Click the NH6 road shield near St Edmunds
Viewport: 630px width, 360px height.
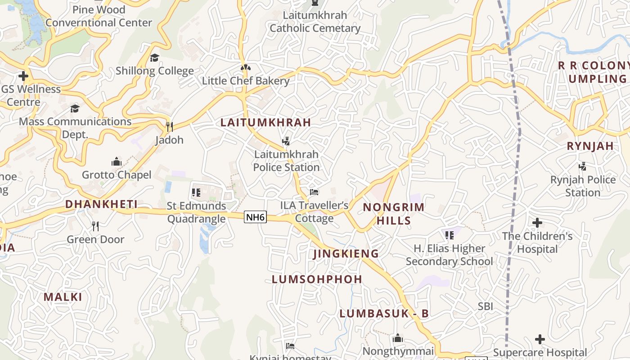256,217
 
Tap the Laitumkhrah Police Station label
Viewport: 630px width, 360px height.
286,161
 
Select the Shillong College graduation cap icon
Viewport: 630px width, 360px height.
155,58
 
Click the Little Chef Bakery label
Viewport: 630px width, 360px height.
245,81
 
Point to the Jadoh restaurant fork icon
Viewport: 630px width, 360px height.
170,127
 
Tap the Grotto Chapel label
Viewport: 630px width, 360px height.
117,175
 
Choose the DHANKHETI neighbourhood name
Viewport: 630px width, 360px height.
101,204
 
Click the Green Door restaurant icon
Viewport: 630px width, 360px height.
95,226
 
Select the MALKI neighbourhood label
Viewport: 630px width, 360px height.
63,297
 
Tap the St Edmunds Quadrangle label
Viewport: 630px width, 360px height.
196,212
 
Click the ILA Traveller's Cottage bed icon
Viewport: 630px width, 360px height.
314,193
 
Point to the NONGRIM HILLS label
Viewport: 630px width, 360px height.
394,214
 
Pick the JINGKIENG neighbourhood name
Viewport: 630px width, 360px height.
346,254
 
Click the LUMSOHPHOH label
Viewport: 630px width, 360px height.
317,279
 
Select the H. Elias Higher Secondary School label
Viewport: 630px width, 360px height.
450,255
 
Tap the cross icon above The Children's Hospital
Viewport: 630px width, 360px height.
537,222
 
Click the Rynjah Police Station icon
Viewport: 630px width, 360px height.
583,166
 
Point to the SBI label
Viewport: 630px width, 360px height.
486,306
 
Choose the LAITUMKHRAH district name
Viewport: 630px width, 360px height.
265,122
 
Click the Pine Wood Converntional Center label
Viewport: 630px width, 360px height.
99,16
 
